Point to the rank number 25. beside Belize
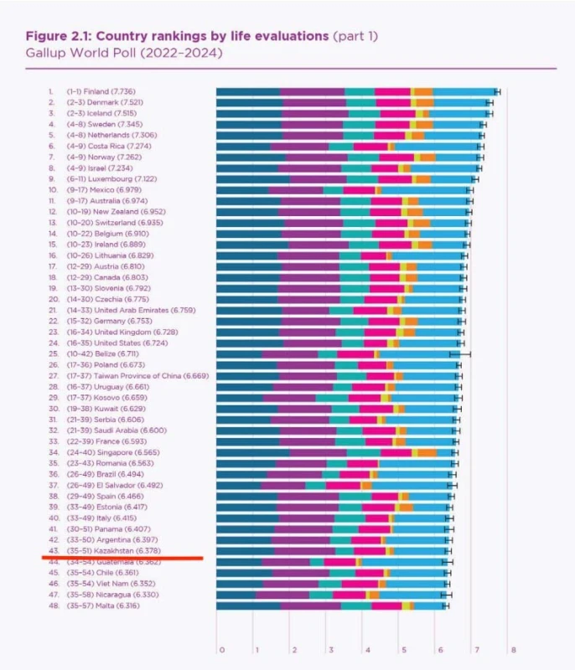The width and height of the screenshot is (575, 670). point(51,354)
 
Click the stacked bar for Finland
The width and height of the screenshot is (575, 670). point(356,90)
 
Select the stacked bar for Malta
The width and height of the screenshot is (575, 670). point(332,605)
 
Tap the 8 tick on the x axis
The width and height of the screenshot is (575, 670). point(512,649)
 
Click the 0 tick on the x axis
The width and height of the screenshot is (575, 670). point(221,649)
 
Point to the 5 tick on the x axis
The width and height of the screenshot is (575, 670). point(403,649)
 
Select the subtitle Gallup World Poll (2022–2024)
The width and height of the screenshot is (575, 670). point(124,53)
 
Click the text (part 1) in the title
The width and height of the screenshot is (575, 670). point(356,36)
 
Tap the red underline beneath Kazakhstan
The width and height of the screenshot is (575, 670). point(122,557)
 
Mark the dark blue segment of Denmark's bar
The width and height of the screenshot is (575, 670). point(249,102)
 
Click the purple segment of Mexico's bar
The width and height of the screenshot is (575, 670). point(295,190)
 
